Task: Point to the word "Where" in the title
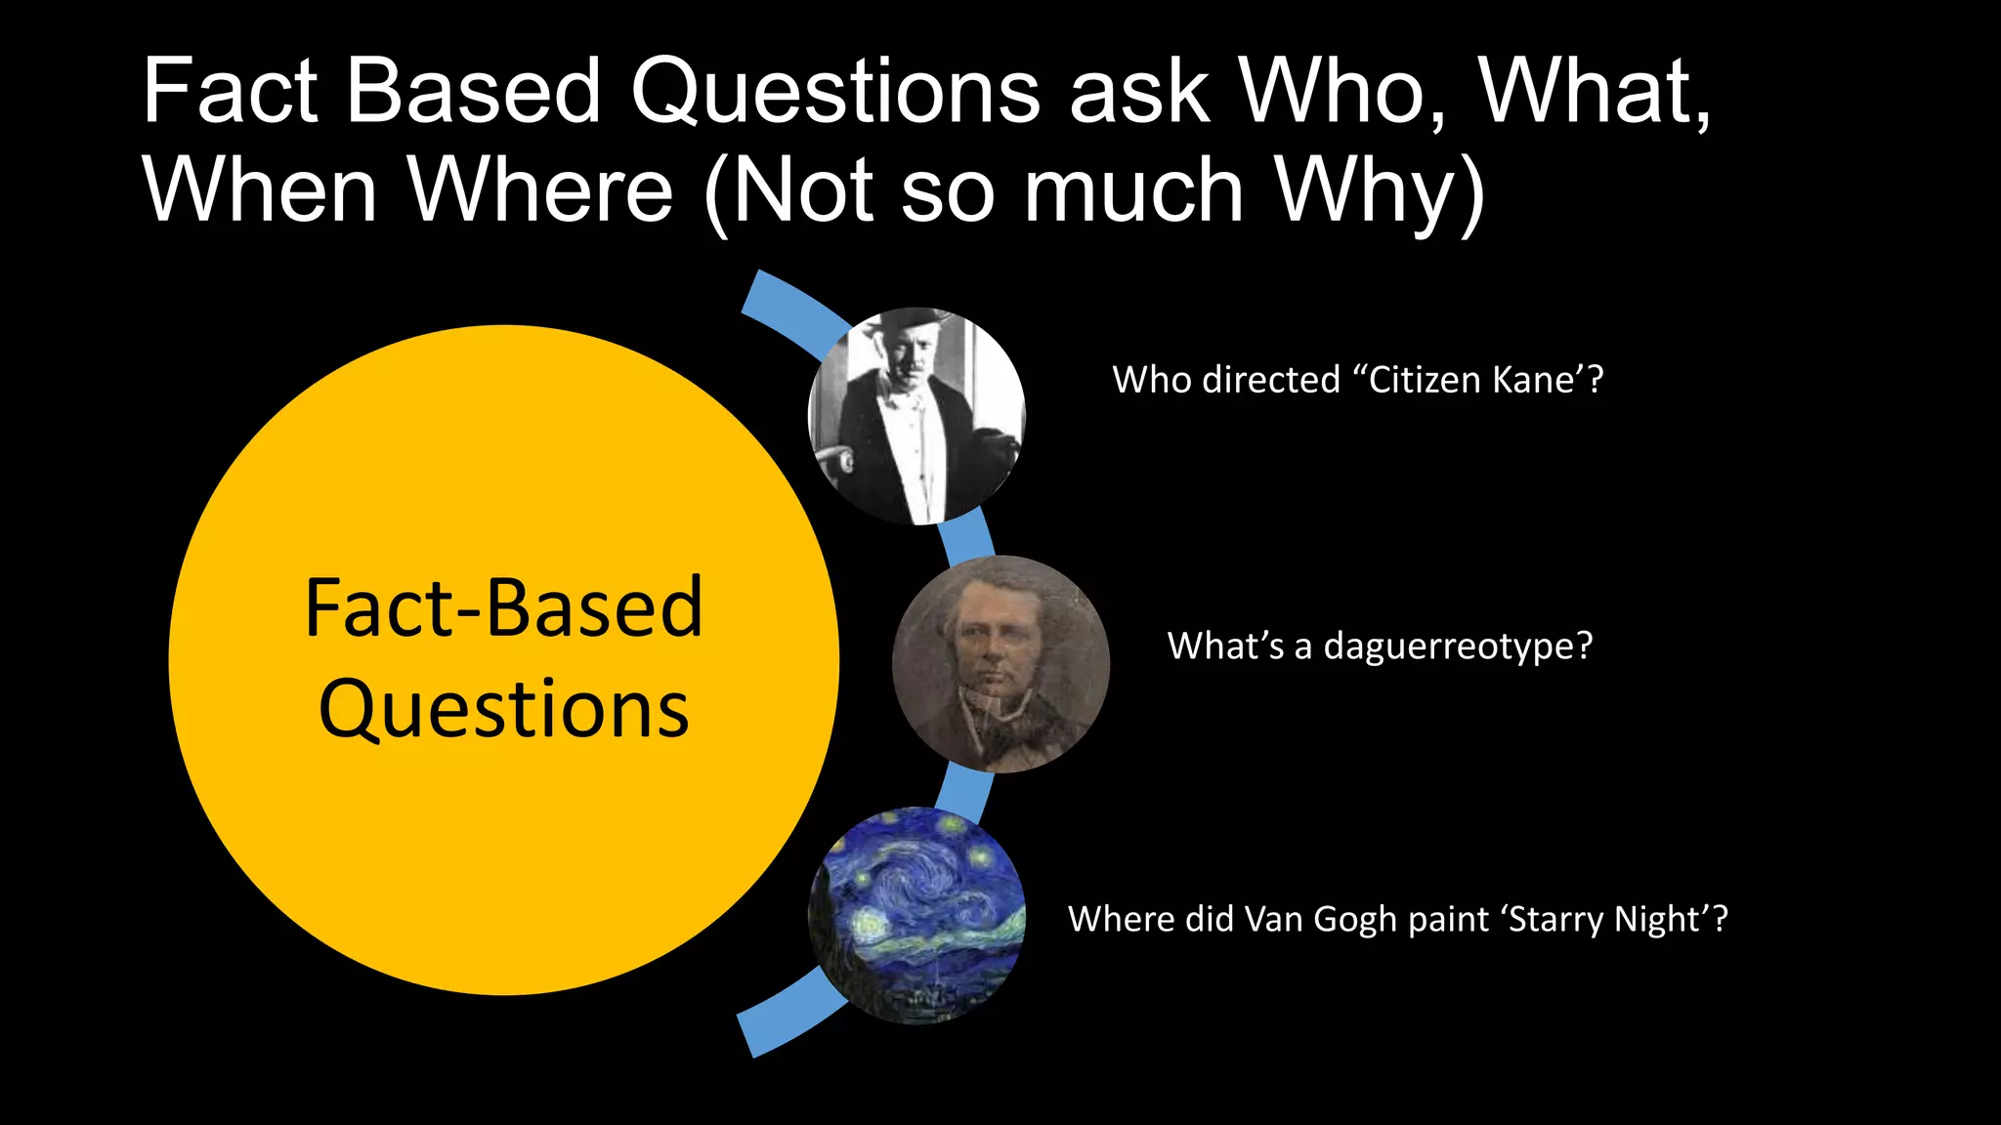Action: [540, 190]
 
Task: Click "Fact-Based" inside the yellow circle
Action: [503, 608]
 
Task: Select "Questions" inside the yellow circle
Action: [503, 709]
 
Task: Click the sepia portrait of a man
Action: [1000, 664]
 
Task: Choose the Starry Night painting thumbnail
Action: [916, 916]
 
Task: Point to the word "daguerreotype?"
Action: [1458, 646]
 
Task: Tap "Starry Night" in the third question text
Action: [1606, 920]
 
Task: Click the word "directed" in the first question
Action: [1271, 380]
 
